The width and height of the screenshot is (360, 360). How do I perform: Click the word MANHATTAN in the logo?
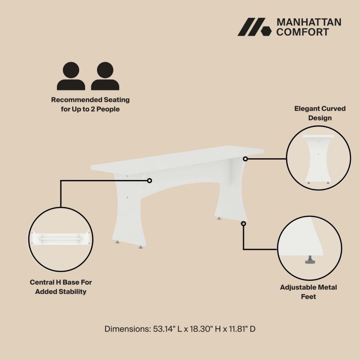click(309, 22)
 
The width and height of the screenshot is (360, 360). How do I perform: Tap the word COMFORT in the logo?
click(303, 32)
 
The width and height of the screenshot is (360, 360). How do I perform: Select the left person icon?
click(71, 76)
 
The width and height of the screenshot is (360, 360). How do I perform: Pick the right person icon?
click(105, 76)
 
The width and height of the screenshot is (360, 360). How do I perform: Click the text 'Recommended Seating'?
click(90, 100)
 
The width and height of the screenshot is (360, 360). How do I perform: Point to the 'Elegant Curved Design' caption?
click(320, 113)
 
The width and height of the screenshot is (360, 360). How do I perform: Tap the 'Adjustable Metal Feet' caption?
click(308, 292)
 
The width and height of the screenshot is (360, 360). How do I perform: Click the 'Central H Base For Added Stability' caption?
click(60, 287)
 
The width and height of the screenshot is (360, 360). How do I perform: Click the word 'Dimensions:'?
click(127, 329)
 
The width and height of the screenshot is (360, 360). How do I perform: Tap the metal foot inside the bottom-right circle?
click(310, 260)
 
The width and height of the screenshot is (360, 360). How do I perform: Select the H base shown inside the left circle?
click(60, 238)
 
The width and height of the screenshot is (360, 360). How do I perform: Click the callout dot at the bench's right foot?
click(243, 223)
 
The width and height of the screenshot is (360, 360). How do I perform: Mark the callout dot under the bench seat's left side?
click(150, 181)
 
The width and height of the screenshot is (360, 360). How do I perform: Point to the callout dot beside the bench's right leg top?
click(245, 159)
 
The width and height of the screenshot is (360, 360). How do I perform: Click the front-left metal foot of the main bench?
click(117, 242)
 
